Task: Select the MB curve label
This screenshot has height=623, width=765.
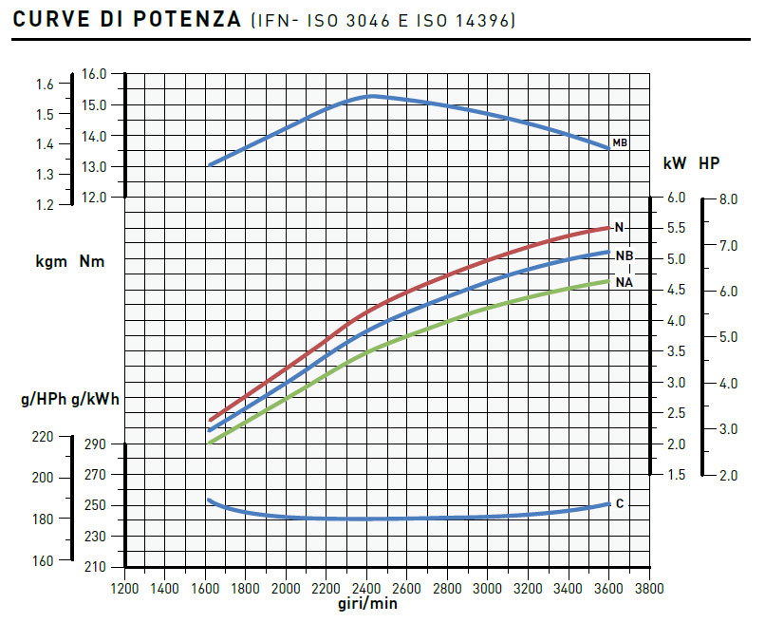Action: (x=620, y=143)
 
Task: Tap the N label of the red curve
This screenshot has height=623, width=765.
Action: (x=619, y=228)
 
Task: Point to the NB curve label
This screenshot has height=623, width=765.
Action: (x=624, y=256)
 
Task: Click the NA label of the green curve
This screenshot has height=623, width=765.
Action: (x=624, y=283)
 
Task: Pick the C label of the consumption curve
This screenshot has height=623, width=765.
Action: (x=620, y=503)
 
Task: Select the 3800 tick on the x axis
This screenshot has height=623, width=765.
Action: (x=648, y=589)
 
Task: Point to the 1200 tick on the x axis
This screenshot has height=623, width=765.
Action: (x=124, y=589)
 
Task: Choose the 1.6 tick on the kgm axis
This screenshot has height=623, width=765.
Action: (x=45, y=85)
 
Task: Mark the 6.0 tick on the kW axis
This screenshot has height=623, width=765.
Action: (x=676, y=198)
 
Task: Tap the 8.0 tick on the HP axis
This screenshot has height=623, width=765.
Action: (x=729, y=200)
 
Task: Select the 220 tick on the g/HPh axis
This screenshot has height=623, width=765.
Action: (x=43, y=437)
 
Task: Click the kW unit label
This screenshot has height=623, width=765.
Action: (x=674, y=163)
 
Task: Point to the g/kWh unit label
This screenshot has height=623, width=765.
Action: (x=101, y=399)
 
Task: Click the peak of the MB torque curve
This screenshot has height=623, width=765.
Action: (x=372, y=96)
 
